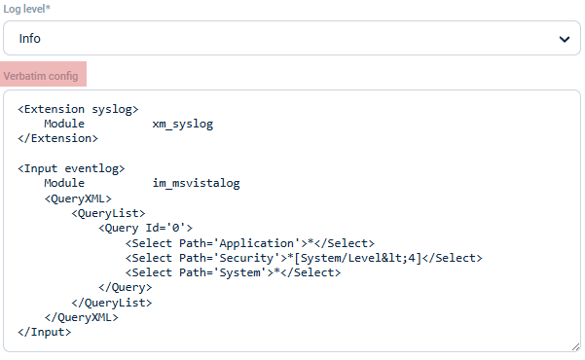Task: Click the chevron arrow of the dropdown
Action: click(563, 39)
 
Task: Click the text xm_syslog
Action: click(182, 125)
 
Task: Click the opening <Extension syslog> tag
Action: click(79, 109)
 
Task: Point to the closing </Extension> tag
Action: click(58, 138)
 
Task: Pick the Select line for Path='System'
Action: click(233, 272)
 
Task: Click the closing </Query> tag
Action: click(125, 287)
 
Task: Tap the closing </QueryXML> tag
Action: click(81, 317)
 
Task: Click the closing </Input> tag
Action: click(45, 332)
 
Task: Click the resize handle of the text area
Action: click(574, 345)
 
